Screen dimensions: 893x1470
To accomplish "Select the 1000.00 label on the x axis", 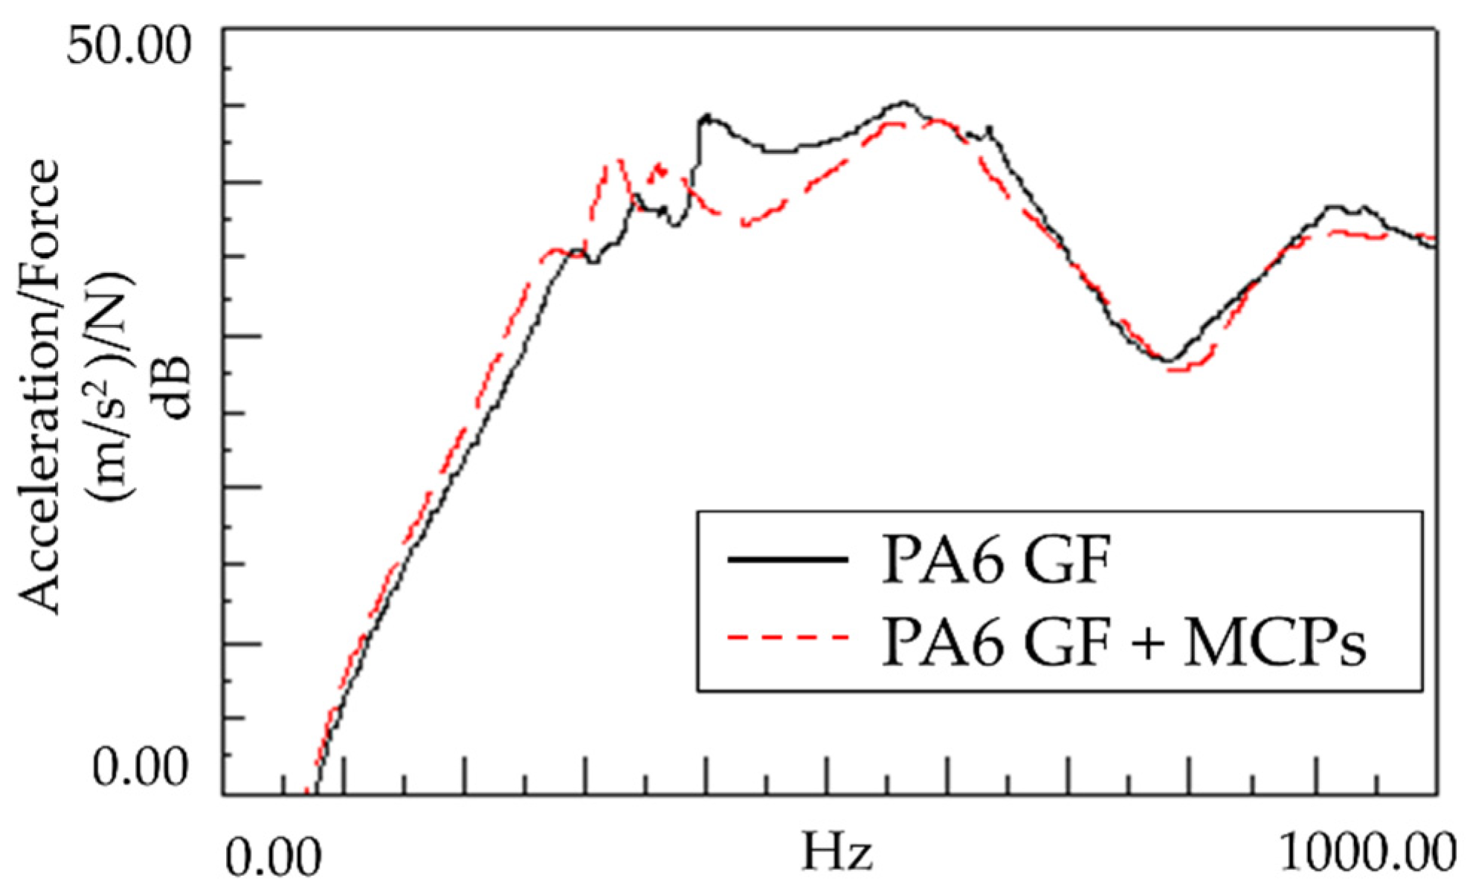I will pos(1367,855).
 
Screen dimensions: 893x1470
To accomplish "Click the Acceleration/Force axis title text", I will pos(39,387).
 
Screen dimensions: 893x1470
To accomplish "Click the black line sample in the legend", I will pos(787,559).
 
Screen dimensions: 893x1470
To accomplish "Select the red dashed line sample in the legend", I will pos(787,638).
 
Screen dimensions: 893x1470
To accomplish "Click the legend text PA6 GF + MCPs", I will pos(1124,641).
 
